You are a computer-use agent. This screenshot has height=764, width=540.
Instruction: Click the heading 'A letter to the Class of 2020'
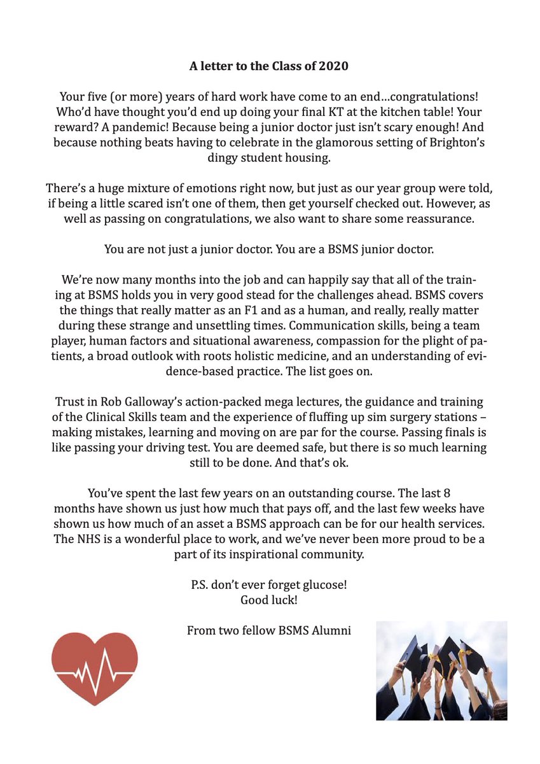coord(270,66)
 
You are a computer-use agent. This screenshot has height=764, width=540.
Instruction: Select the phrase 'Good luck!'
coord(270,599)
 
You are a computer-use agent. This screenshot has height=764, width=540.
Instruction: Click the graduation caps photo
coord(441,670)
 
